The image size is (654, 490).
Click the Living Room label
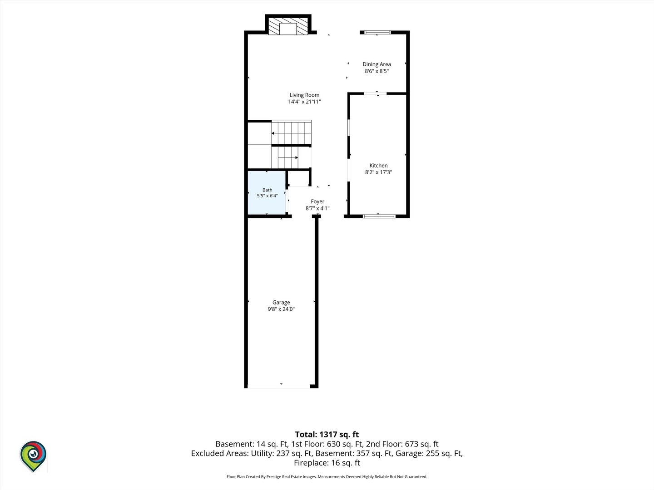click(x=304, y=95)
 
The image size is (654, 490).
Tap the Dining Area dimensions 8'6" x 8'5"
click(x=377, y=71)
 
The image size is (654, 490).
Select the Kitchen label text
click(x=378, y=166)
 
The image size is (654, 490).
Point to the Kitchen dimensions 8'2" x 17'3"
click(x=378, y=172)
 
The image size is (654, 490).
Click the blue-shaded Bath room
click(x=267, y=192)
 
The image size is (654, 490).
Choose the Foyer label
click(x=317, y=201)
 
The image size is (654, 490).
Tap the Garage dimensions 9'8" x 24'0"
click(x=281, y=309)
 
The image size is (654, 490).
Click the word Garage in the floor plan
click(x=281, y=302)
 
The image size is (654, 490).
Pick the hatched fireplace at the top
click(x=288, y=27)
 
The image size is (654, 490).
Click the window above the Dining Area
click(x=377, y=32)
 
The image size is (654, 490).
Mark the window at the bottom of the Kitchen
click(x=379, y=216)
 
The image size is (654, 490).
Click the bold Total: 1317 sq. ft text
click(x=327, y=434)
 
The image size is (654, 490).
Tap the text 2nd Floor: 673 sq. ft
click(x=402, y=444)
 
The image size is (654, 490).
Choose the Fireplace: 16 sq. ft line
click(x=327, y=463)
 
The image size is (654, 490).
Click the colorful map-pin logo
click(x=33, y=456)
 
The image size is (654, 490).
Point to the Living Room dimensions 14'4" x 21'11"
click(x=304, y=102)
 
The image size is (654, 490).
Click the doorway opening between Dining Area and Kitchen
click(x=375, y=94)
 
